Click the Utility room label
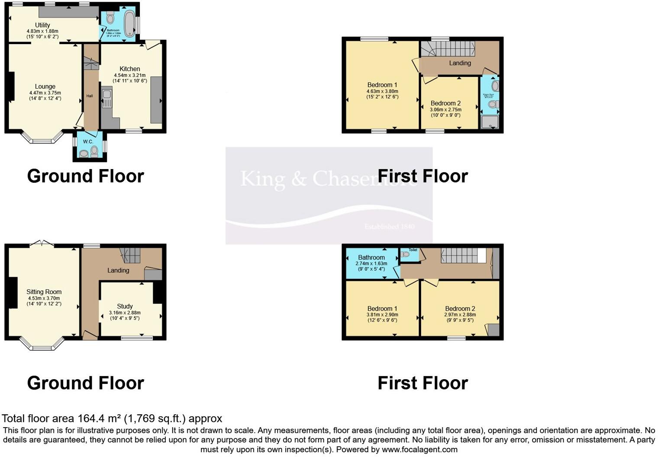click(42, 25)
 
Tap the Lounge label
click(45, 86)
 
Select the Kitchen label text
click(130, 69)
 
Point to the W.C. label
click(88, 142)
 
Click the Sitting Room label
click(44, 292)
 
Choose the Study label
click(125, 306)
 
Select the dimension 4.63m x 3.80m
click(382, 91)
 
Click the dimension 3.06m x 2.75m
click(445, 110)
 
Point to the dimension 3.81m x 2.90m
click(382, 315)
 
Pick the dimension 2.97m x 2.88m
click(460, 315)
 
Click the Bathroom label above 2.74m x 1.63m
click(371, 257)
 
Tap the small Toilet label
click(413, 250)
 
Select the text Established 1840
click(389, 227)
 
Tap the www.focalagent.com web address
click(419, 449)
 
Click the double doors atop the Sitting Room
click(42, 243)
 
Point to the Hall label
click(90, 96)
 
